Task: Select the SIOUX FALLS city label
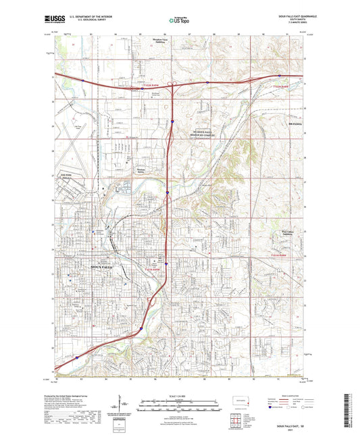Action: pyautogui.click(x=84, y=268)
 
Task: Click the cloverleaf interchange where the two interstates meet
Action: pyautogui.click(x=173, y=84)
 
